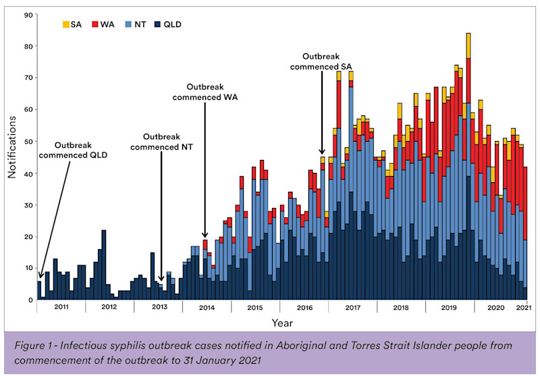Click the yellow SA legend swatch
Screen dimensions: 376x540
click(x=65, y=24)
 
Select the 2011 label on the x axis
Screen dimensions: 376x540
click(x=61, y=307)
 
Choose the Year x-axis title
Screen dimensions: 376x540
click(x=282, y=323)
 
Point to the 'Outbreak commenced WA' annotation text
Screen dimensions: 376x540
click(x=205, y=92)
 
